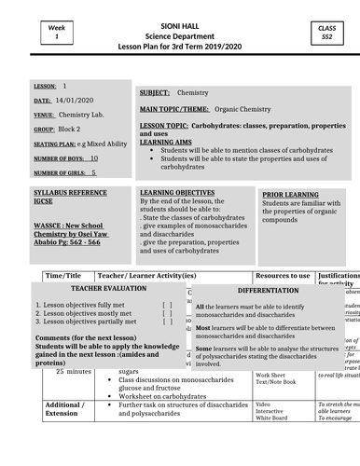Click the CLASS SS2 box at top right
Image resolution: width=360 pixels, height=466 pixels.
(327, 37)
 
